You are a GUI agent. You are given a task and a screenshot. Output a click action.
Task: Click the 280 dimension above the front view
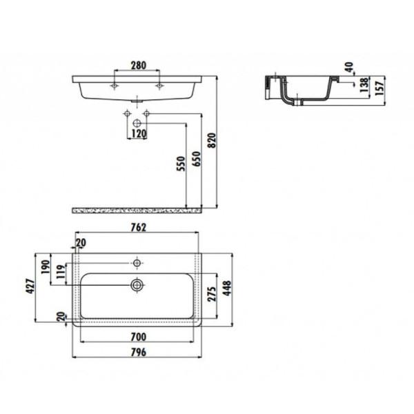pyautogui.click(x=138, y=66)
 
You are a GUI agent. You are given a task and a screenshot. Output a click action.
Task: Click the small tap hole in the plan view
pyautogui.click(x=137, y=262)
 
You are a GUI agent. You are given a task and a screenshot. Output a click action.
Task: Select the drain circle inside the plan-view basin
pyautogui.click(x=137, y=284)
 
